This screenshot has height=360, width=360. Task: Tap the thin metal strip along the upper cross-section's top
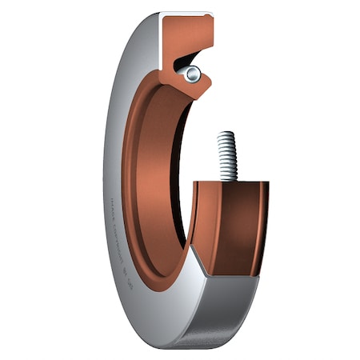188,14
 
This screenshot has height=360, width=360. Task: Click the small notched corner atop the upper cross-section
213,18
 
